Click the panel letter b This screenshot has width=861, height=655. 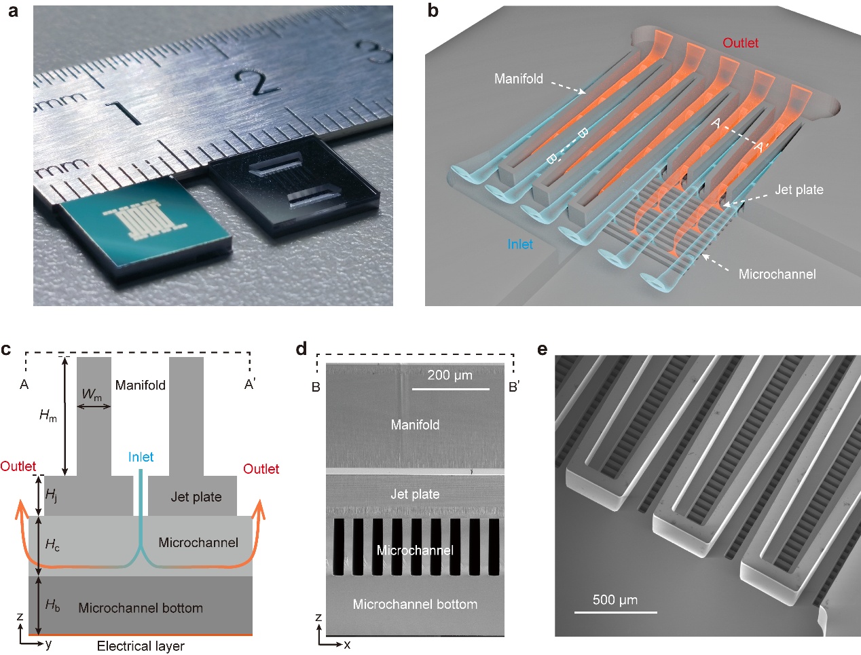(433, 12)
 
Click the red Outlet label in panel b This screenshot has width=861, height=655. (740, 43)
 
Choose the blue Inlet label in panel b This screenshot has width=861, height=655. (520, 244)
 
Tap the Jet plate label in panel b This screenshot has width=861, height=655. (799, 190)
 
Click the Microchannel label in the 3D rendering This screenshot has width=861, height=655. (777, 274)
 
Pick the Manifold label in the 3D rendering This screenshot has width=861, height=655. (519, 79)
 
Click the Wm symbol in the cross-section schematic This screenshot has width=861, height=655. (92, 394)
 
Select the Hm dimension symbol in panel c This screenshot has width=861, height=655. (48, 415)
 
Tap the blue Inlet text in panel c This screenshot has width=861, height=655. (141, 457)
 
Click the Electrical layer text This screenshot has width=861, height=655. (141, 645)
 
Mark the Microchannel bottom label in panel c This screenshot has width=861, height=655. (141, 608)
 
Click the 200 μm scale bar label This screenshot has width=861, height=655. (450, 375)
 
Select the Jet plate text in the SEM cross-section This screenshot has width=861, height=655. (415, 494)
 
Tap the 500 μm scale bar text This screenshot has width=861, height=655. (615, 600)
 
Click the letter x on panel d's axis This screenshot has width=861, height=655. (347, 644)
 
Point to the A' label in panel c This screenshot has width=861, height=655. (250, 385)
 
